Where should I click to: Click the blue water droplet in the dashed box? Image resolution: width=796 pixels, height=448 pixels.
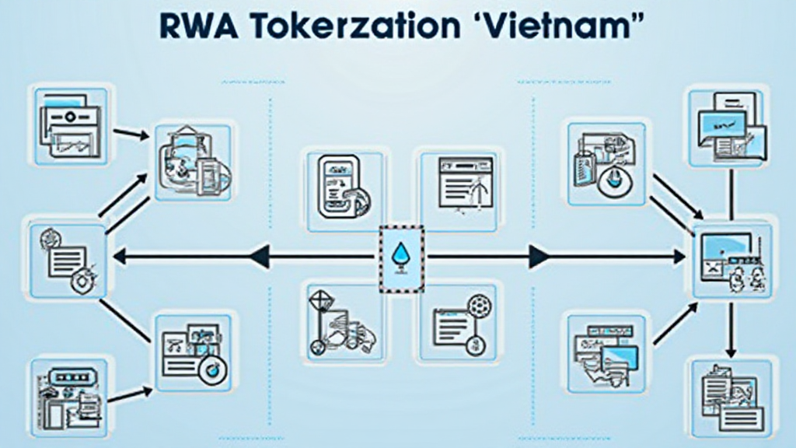click(x=401, y=255)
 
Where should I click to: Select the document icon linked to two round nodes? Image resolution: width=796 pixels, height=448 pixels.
click(x=459, y=320)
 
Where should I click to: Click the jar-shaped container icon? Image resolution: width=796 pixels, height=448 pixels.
click(x=193, y=161)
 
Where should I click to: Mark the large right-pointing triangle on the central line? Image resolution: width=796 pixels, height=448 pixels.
click(x=539, y=255)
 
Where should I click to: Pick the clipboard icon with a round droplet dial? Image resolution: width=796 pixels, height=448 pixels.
click(x=605, y=162)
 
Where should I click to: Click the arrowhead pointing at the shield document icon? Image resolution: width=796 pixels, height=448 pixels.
click(x=117, y=255)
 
